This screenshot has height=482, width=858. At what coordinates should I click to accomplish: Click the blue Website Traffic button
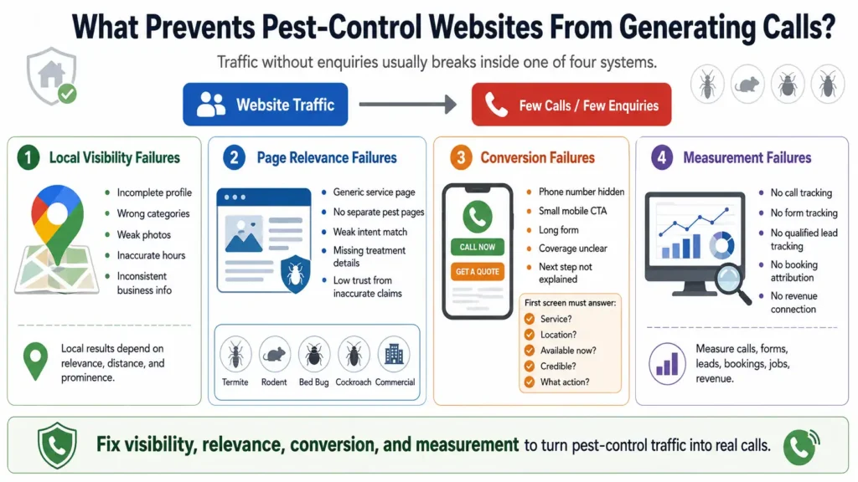(266, 105)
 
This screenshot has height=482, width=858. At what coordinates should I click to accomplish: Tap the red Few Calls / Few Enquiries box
(571, 105)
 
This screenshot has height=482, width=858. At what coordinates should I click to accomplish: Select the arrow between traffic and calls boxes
(408, 105)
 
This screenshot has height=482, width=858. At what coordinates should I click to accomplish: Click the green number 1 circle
(28, 158)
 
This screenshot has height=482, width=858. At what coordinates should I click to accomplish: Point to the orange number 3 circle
(462, 158)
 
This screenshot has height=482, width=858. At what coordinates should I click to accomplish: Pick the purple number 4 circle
(662, 158)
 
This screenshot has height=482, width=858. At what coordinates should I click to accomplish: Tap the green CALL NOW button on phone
(477, 247)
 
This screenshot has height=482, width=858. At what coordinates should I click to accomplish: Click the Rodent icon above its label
(274, 355)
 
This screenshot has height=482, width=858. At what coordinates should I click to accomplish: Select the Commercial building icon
(394, 355)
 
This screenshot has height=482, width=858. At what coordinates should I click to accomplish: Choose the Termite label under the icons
(235, 382)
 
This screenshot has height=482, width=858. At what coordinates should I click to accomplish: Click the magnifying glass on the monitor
(733, 282)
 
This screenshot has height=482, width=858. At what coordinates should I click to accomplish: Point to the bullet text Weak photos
(144, 234)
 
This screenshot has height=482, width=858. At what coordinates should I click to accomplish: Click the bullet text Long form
(559, 230)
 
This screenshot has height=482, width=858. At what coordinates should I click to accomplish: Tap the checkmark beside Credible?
(530, 367)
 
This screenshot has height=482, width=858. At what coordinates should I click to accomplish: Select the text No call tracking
(801, 193)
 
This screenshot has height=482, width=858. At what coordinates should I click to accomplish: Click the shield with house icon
(52, 76)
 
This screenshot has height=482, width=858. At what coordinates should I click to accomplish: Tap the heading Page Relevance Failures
(327, 158)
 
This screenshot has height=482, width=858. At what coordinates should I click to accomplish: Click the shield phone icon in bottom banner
(57, 445)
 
